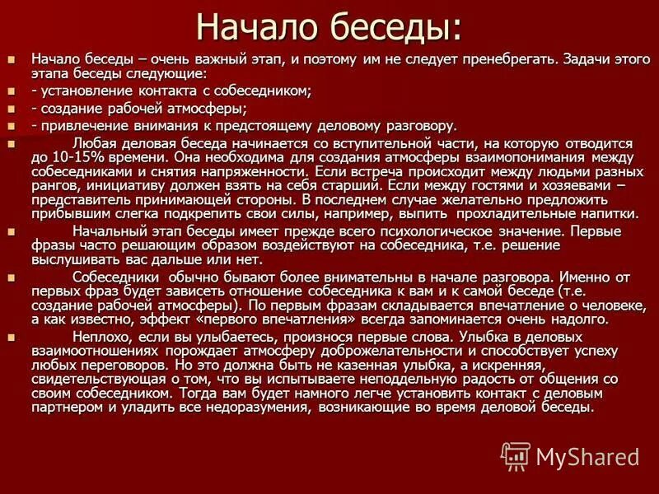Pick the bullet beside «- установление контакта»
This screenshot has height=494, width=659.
[x=11, y=91]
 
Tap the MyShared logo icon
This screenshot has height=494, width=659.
[x=515, y=455]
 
